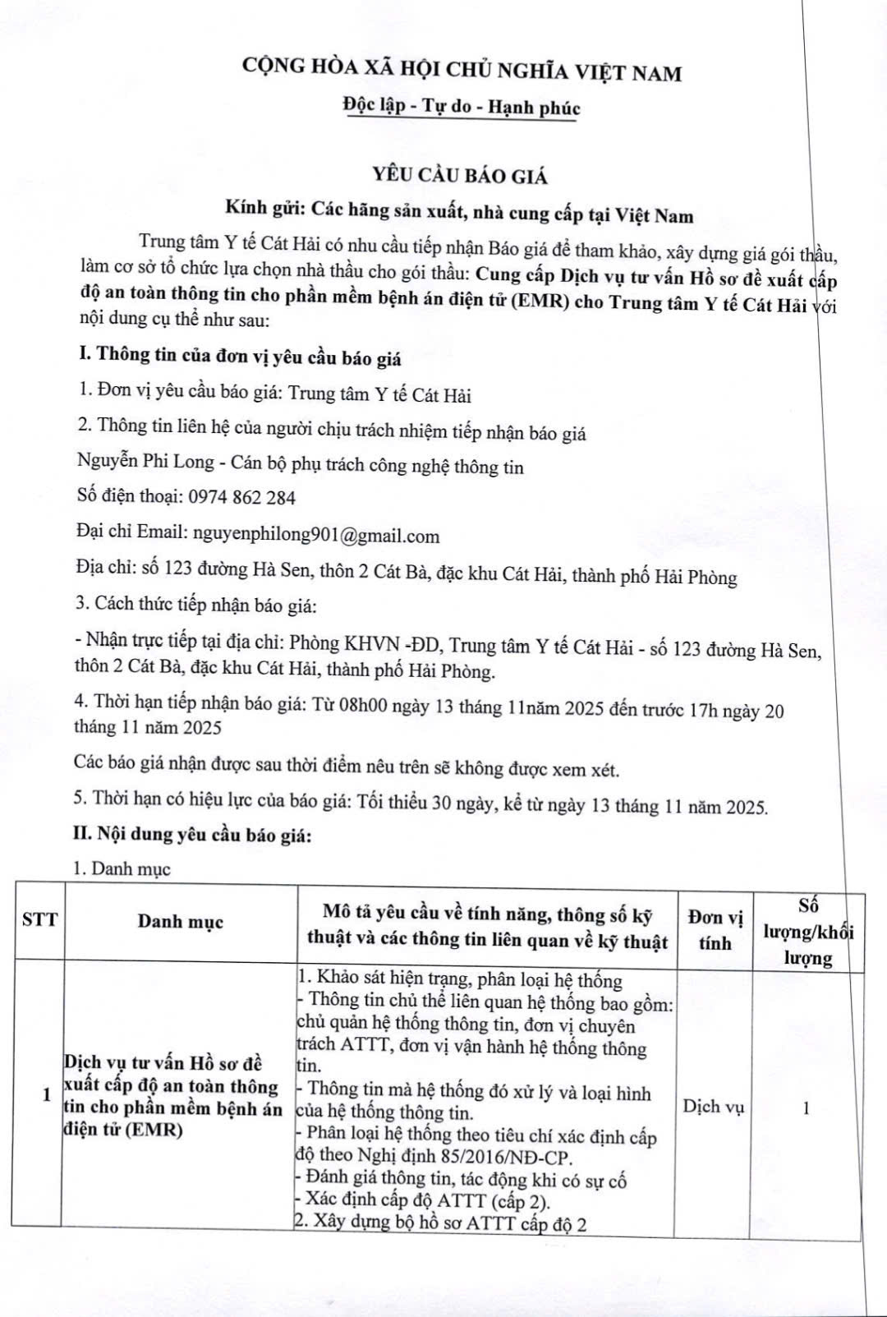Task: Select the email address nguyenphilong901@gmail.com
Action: [315, 536]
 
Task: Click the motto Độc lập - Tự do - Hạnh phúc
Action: [461, 108]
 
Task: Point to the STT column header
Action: [39, 919]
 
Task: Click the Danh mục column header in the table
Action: [180, 921]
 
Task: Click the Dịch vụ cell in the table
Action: [713, 1107]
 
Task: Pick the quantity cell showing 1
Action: [807, 1107]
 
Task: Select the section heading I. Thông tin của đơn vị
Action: [237, 356]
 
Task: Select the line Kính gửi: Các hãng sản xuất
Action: [459, 214]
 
